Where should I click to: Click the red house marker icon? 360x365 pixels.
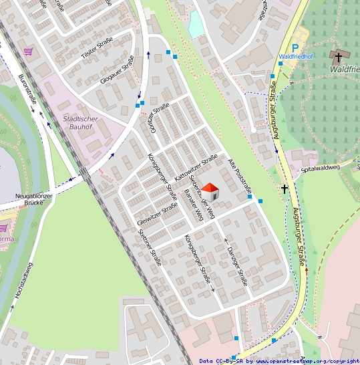click(211, 192)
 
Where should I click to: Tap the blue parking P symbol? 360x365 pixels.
click(295, 48)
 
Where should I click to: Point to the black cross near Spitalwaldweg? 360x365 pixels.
click(285, 189)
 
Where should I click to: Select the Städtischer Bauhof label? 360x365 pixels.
click(80, 123)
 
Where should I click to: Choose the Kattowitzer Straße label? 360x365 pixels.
click(197, 166)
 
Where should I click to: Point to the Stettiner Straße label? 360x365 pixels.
click(150, 247)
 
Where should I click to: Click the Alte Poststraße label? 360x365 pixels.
click(240, 177)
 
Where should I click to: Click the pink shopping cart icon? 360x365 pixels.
click(28, 51)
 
